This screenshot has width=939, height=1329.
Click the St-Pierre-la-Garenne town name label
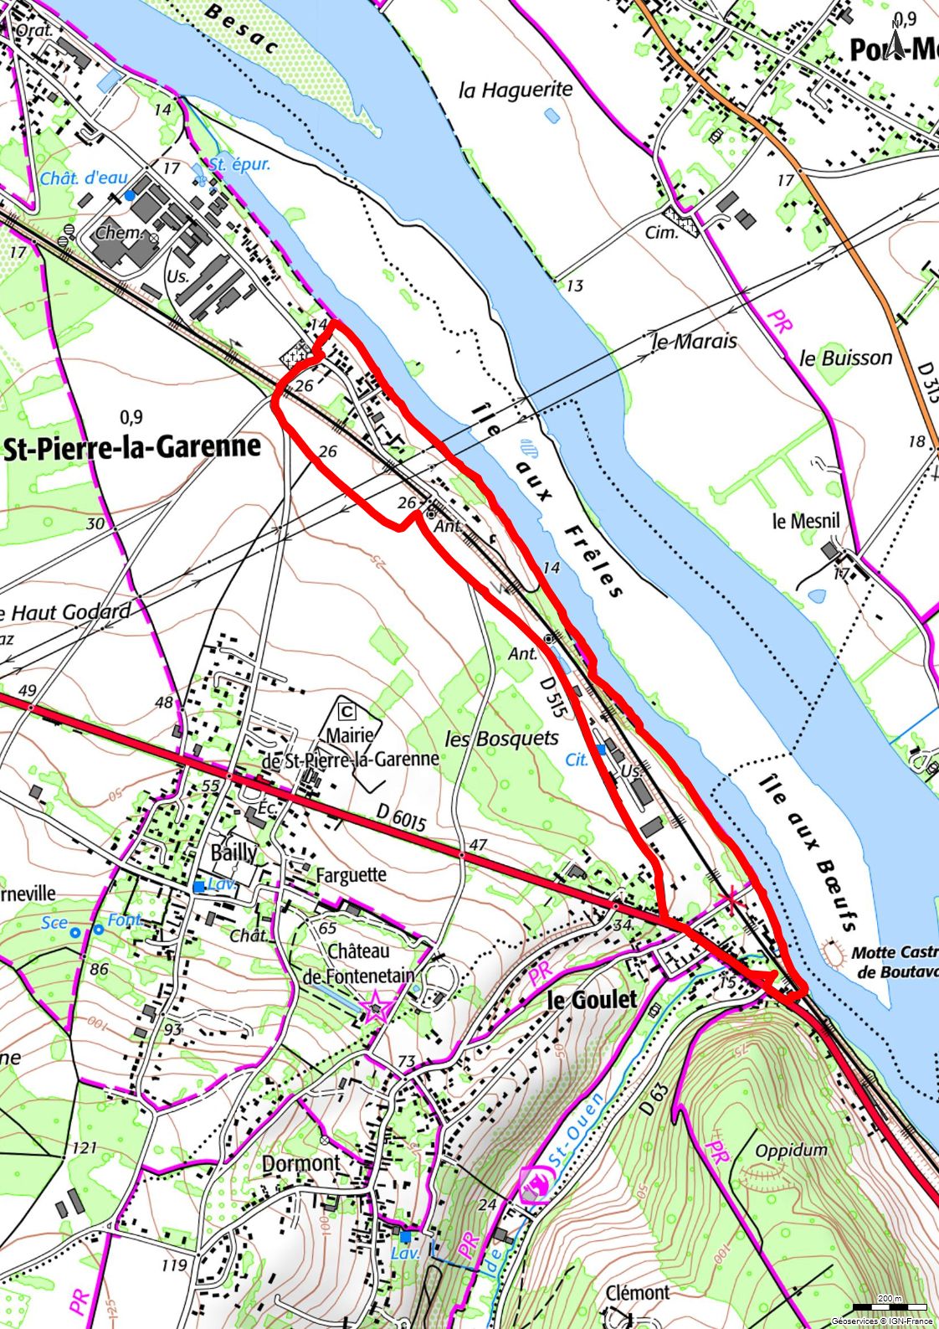click(132, 447)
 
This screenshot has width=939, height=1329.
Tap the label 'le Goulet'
click(593, 999)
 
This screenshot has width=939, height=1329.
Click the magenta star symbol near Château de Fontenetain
click(376, 1006)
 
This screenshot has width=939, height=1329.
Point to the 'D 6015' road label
click(401, 818)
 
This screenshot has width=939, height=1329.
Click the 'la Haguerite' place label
click(516, 90)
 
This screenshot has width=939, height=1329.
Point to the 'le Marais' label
click(695, 341)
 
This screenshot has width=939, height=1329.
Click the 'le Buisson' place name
click(845, 358)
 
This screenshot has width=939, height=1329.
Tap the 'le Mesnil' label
click(805, 522)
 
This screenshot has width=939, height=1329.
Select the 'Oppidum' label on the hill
click(791, 1151)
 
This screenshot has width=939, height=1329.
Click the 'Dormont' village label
click(301, 1164)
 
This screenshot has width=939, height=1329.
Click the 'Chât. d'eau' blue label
click(85, 178)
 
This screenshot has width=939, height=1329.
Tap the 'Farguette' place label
click(351, 875)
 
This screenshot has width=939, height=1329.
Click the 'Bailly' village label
click(234, 853)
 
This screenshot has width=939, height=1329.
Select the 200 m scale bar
click(890, 1306)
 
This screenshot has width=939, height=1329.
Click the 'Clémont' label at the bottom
click(638, 1292)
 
